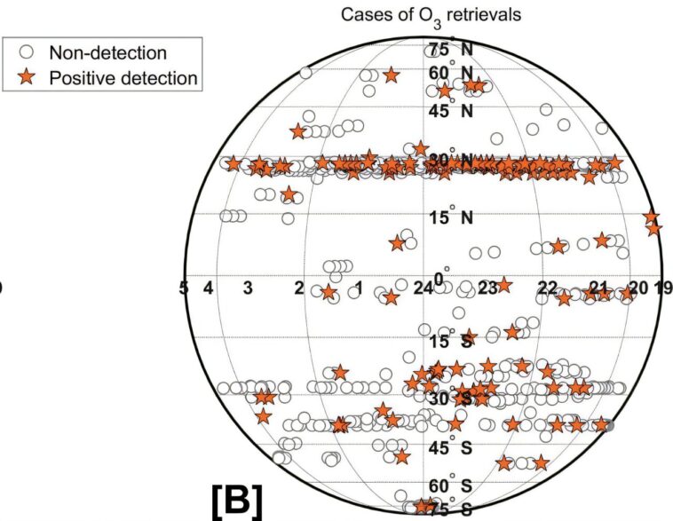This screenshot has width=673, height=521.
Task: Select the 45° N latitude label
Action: (x=450, y=111)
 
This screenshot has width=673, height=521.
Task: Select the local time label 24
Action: (x=424, y=288)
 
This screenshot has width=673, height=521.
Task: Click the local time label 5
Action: (x=184, y=288)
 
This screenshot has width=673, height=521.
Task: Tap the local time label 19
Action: (x=663, y=288)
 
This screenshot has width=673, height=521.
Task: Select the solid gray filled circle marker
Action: (x=608, y=426)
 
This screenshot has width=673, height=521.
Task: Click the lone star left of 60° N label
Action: (x=391, y=76)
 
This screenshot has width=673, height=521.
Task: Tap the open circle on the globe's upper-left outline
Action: (x=305, y=73)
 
